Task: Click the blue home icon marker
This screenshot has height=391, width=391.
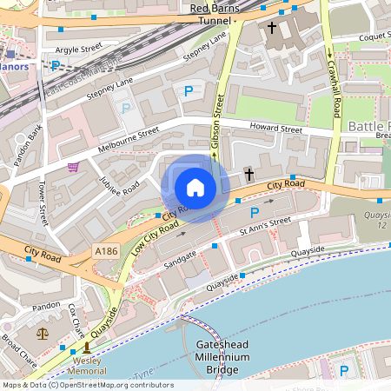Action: point(195,187)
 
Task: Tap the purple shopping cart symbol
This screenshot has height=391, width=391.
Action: point(74,167)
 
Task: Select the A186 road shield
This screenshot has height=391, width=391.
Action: point(105,250)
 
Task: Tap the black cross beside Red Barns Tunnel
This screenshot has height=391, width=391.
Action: point(271,28)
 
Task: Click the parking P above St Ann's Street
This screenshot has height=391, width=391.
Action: point(254,212)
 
